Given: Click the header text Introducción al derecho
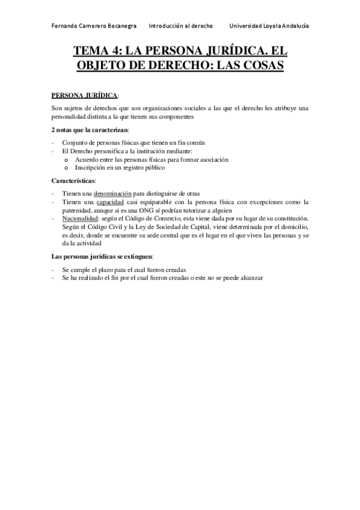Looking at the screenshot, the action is tap(176, 26).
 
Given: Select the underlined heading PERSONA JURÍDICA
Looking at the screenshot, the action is tap(84, 95).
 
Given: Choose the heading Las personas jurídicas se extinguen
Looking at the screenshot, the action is tap(102, 257).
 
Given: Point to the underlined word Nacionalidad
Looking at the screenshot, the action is tap(81, 218).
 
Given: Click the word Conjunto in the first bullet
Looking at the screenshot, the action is tap(75, 143).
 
